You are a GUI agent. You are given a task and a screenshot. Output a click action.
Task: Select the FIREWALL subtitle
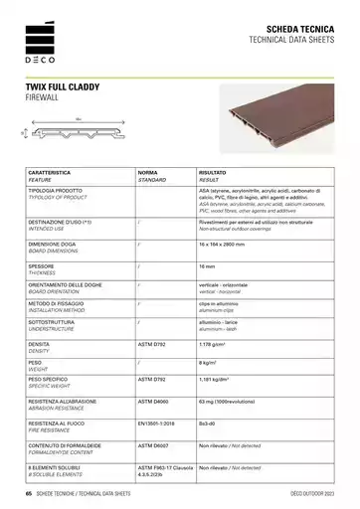45,99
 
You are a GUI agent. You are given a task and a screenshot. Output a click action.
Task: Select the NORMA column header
149,173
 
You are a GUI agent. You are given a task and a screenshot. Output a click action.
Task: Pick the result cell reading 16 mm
207,266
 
